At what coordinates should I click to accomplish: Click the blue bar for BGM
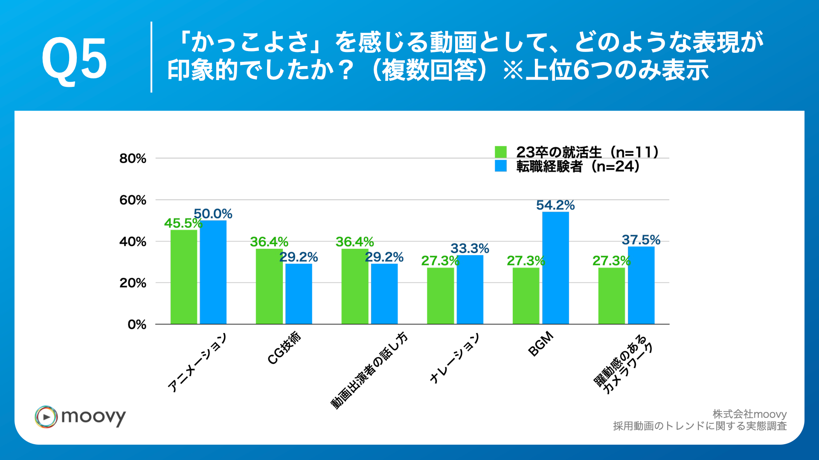click(x=555, y=268)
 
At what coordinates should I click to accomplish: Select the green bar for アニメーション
click(x=184, y=277)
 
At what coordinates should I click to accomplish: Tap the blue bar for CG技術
click(x=299, y=294)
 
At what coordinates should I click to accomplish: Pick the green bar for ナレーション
click(x=440, y=296)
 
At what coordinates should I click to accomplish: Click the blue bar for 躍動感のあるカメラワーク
click(x=641, y=285)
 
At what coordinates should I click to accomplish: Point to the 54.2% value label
click(x=555, y=205)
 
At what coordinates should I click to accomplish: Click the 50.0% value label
click(x=213, y=214)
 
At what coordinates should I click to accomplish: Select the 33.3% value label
click(x=470, y=248)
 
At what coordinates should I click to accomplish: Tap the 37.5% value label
click(x=641, y=240)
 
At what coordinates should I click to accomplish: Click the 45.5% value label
click(x=183, y=223)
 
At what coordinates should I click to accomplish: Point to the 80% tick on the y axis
click(x=133, y=158)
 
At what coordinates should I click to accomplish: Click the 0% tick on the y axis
click(x=136, y=325)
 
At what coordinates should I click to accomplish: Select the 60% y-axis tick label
click(x=133, y=200)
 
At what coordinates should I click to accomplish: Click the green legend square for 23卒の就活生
click(x=501, y=152)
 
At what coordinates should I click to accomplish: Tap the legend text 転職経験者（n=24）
click(x=578, y=167)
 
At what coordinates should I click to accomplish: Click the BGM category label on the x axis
click(x=540, y=344)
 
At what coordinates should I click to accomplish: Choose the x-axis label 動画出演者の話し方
click(x=369, y=371)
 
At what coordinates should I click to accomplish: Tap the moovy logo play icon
click(x=46, y=417)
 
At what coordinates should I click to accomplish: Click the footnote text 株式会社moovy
click(x=749, y=414)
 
